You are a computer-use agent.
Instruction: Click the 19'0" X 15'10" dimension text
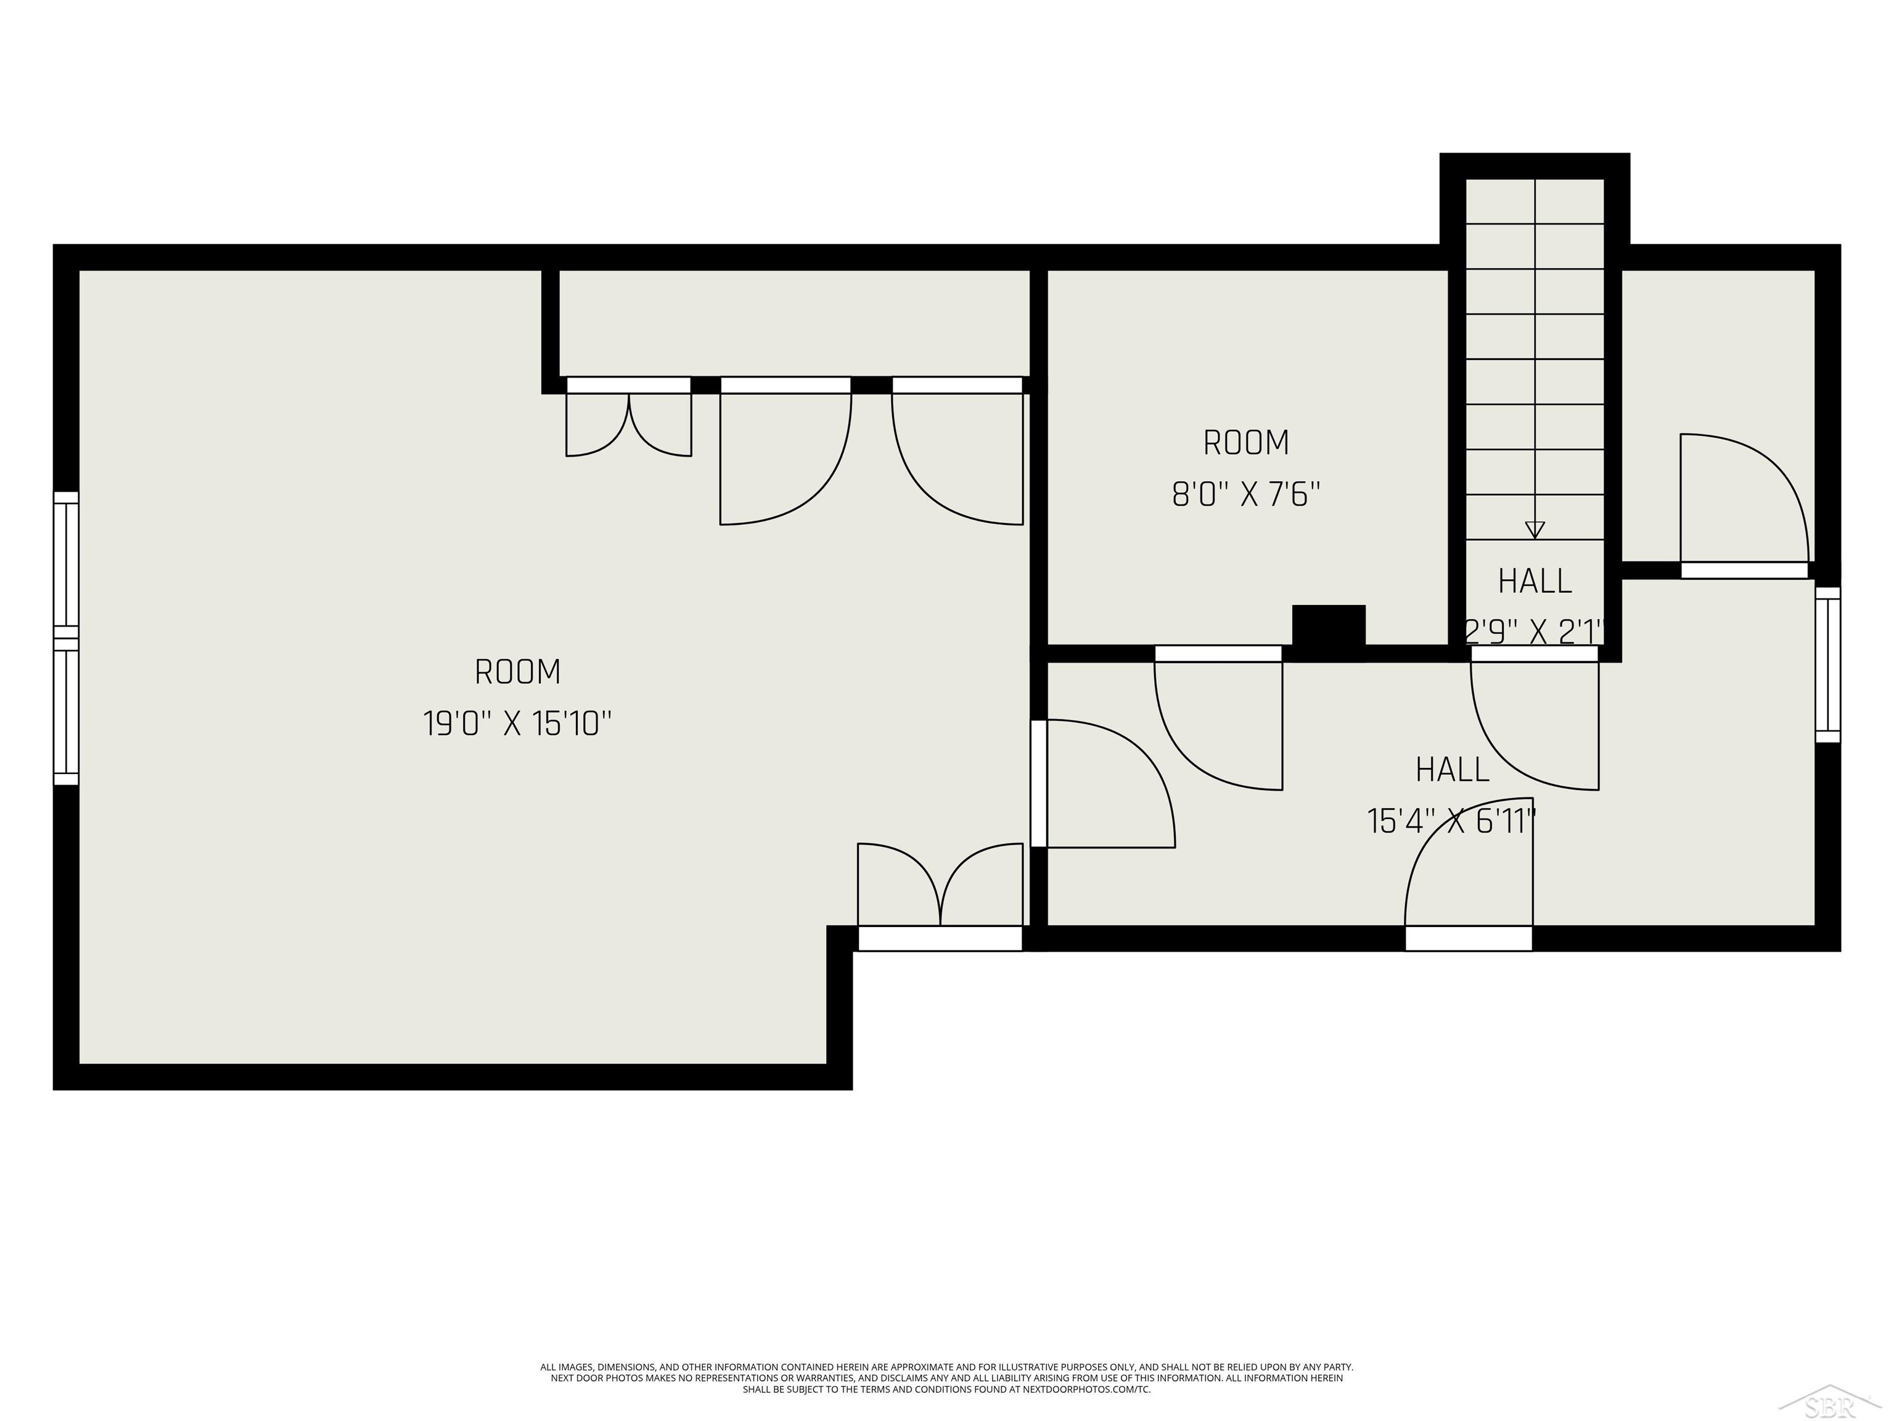(517, 725)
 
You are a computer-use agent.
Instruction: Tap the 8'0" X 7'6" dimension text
(1246, 495)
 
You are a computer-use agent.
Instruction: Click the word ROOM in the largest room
(517, 672)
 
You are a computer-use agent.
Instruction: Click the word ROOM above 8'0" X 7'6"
(1246, 443)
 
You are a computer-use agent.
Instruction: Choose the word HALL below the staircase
(1535, 582)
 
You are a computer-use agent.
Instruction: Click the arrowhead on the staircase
(1535, 529)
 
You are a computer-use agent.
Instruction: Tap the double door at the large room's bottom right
(940, 891)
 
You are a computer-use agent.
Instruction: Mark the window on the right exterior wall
(1827, 665)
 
